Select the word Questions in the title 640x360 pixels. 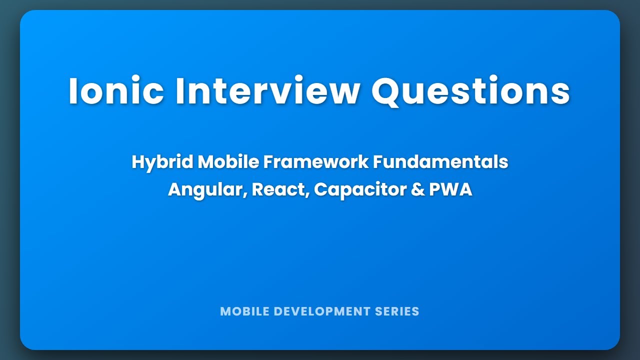click(x=470, y=91)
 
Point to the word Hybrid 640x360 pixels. click(x=162, y=162)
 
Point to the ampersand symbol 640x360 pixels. click(x=417, y=189)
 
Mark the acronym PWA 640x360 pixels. click(x=450, y=189)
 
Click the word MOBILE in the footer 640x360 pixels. click(x=241, y=311)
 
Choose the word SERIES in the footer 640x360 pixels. click(x=397, y=311)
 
